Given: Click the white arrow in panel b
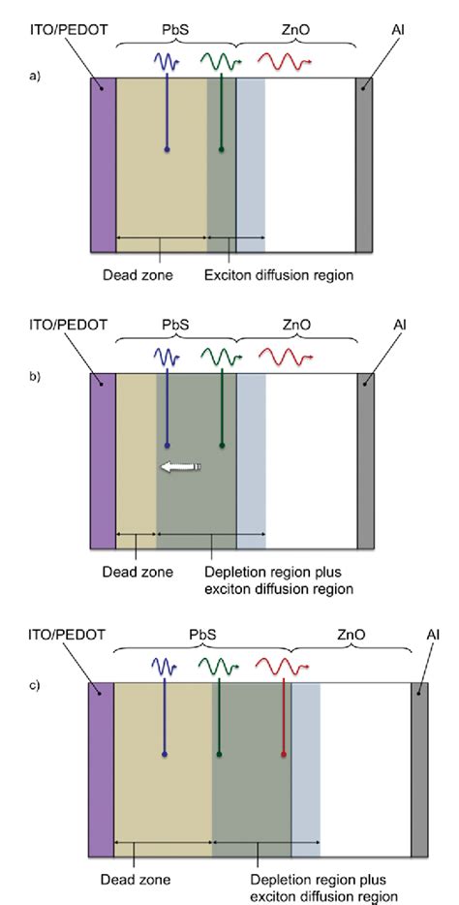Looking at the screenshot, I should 180,468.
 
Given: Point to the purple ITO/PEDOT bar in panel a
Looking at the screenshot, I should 103,166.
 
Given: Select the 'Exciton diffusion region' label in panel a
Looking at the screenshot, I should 279,275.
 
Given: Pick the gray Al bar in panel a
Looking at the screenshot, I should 364,166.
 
